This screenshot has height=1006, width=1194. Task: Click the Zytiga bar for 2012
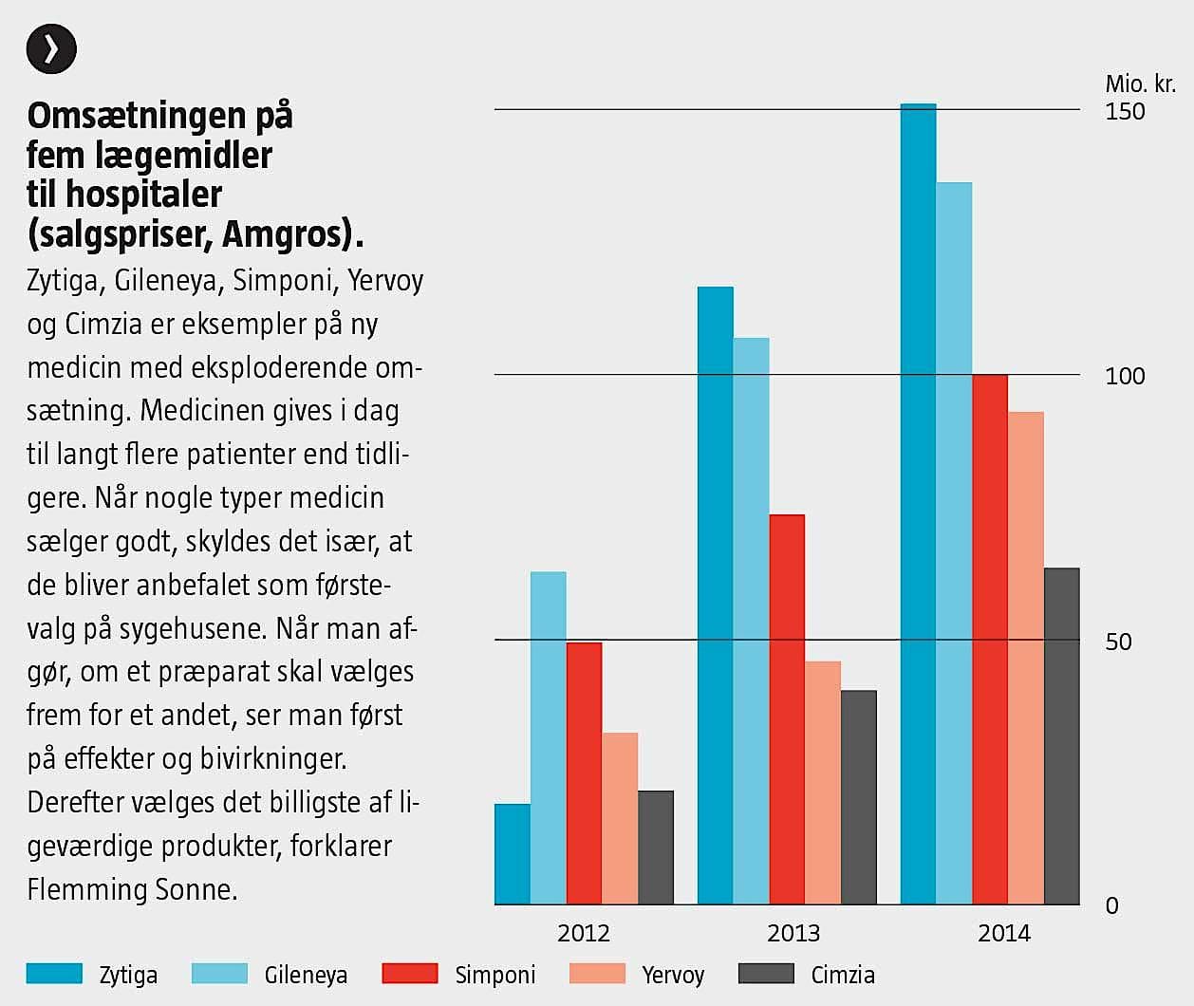[x=513, y=854]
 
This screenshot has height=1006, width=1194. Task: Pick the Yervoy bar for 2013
[x=823, y=783]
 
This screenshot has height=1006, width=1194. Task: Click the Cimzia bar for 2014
[x=1062, y=736]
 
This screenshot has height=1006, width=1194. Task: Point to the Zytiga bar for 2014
[x=918, y=504]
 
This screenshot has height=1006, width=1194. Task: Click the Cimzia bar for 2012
[x=656, y=848]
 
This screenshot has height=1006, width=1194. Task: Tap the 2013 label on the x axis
[x=793, y=933]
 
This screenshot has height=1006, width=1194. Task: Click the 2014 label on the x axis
[x=1004, y=933]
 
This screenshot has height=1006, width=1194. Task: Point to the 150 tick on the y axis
[x=1125, y=111]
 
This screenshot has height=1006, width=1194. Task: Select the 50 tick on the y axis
[x=1118, y=642]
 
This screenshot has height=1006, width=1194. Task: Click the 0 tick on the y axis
[x=1112, y=905]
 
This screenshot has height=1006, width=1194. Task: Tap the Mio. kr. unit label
[x=1140, y=84]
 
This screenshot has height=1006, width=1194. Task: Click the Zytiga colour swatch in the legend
[x=54, y=974]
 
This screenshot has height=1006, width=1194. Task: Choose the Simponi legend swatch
[x=410, y=974]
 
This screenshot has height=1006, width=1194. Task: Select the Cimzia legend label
[x=843, y=975]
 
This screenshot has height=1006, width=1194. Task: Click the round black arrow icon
[x=51, y=48]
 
